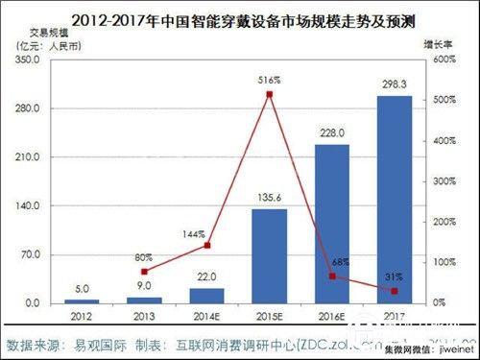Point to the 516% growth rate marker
pyautogui.click(x=270, y=94)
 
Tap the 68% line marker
pyautogui.click(x=331, y=276)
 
